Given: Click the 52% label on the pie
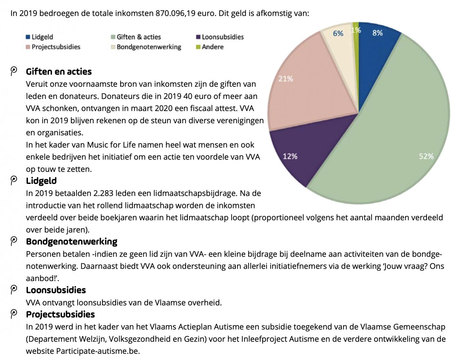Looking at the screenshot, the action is click(x=426, y=156).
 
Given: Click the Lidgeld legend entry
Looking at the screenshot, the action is click(x=39, y=37).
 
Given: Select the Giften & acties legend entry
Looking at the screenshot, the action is click(x=136, y=37).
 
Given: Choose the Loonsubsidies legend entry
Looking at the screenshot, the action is click(x=220, y=37).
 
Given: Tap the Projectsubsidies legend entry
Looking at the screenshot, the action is click(x=53, y=47).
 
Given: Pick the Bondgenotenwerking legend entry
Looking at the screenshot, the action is click(x=146, y=47).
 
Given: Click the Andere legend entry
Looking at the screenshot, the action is click(x=210, y=47).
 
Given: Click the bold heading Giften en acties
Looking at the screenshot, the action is click(x=59, y=72).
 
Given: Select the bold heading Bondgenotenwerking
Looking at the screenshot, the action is click(x=72, y=242).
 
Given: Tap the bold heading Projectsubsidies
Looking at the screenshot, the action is click(x=60, y=315).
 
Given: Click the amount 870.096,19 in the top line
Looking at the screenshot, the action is click(x=175, y=13).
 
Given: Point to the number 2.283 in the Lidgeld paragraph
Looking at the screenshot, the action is click(x=103, y=193).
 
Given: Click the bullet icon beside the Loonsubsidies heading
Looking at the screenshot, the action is click(x=13, y=290).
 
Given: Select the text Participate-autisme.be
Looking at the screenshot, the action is click(x=98, y=351).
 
